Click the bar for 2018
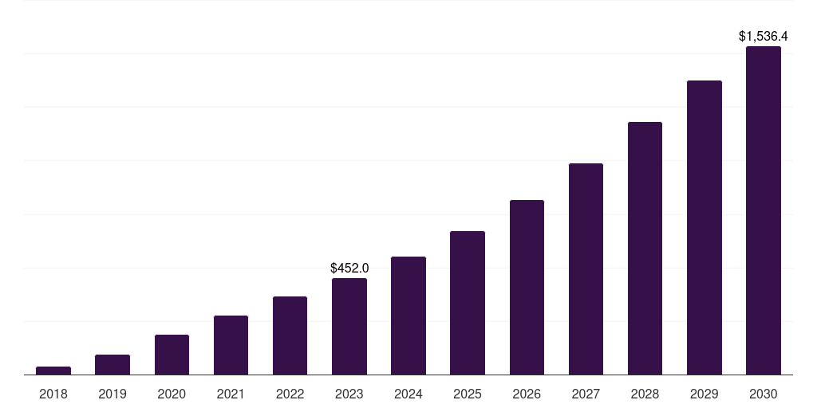(53, 371)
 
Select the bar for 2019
(112, 365)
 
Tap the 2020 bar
(172, 355)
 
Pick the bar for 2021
(231, 345)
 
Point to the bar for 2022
(290, 335)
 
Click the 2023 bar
(349, 327)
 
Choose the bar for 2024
(408, 316)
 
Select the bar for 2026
(527, 287)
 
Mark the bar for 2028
(645, 248)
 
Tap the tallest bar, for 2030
(764, 210)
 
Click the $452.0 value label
(349, 269)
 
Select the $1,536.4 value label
(764, 37)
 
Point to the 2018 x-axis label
(53, 394)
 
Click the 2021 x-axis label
(231, 394)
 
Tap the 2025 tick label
(468, 394)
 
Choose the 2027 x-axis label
(586, 394)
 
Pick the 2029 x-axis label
(704, 394)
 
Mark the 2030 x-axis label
(764, 394)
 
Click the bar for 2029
(704, 227)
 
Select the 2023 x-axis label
(349, 394)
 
